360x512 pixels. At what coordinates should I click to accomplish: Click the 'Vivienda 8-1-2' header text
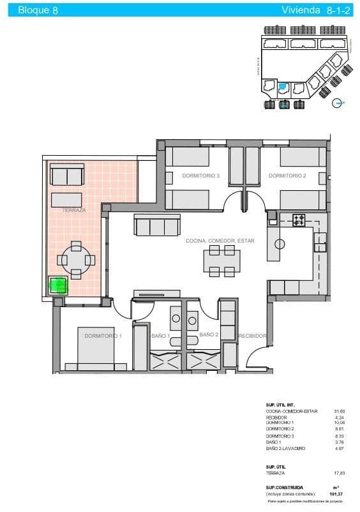click(x=312, y=10)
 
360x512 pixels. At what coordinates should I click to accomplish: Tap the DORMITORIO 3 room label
click(x=200, y=176)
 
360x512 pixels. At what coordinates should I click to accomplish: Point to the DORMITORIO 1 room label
click(x=103, y=335)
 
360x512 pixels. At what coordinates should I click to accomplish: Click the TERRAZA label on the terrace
click(x=74, y=209)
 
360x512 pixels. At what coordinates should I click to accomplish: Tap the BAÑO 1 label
click(x=160, y=336)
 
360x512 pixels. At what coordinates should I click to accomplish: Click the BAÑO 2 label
click(x=209, y=335)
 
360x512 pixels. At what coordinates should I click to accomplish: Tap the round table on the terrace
click(x=76, y=260)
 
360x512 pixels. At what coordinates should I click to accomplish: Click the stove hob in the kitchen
click(x=299, y=221)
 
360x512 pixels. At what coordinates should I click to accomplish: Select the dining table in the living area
click(x=222, y=262)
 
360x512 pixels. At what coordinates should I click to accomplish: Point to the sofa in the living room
click(x=157, y=225)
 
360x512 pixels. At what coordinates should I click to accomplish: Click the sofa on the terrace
click(x=67, y=174)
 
